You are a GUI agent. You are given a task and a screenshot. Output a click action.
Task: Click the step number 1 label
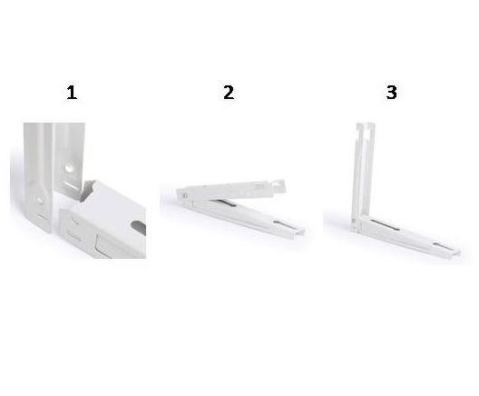(72, 93)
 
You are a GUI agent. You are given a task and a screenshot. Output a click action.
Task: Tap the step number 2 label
(229, 93)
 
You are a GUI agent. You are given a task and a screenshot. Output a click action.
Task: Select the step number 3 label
(391, 93)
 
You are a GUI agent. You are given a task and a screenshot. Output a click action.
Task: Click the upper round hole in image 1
(68, 168)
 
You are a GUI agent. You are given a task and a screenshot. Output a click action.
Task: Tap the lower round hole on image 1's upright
(40, 202)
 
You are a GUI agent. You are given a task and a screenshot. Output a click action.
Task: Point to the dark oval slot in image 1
(139, 227)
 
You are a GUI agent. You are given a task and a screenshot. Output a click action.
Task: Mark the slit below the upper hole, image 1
(71, 184)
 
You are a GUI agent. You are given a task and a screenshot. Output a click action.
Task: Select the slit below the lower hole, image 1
(43, 217)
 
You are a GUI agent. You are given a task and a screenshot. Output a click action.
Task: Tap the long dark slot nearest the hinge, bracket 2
(225, 203)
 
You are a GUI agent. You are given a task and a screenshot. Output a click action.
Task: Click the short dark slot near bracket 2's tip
(282, 224)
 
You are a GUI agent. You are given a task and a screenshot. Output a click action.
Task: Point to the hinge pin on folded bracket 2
(184, 195)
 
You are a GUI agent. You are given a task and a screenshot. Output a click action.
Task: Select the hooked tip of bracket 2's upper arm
(279, 185)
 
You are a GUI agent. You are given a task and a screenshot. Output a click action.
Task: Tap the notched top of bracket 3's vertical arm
(366, 126)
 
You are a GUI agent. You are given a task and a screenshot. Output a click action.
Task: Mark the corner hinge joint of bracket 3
(355, 221)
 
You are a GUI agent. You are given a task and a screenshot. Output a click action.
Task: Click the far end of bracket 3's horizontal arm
(455, 253)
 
